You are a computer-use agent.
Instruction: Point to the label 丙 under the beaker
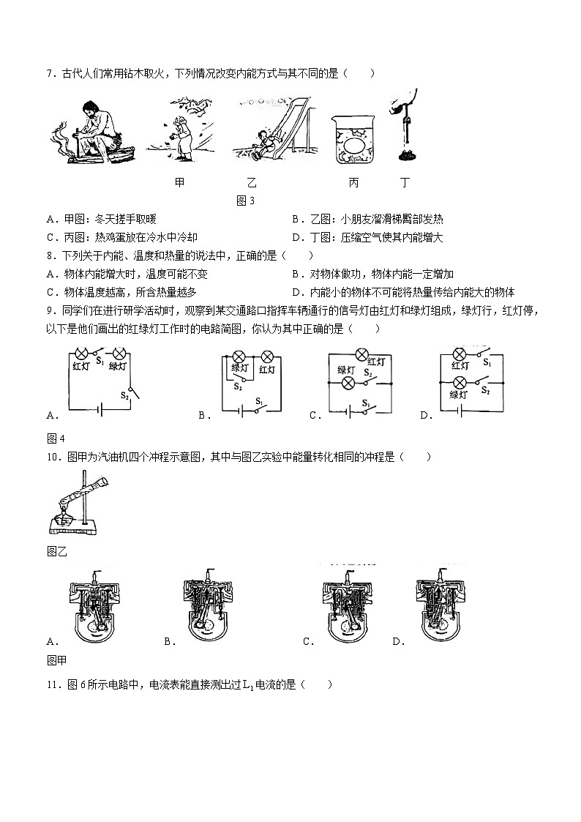[x=353, y=183]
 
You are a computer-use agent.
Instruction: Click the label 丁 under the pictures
[x=405, y=183]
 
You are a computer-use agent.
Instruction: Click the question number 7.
[x=49, y=73]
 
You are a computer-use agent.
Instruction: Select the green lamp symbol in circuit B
[x=239, y=357]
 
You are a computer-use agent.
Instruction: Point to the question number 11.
[x=52, y=685]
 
